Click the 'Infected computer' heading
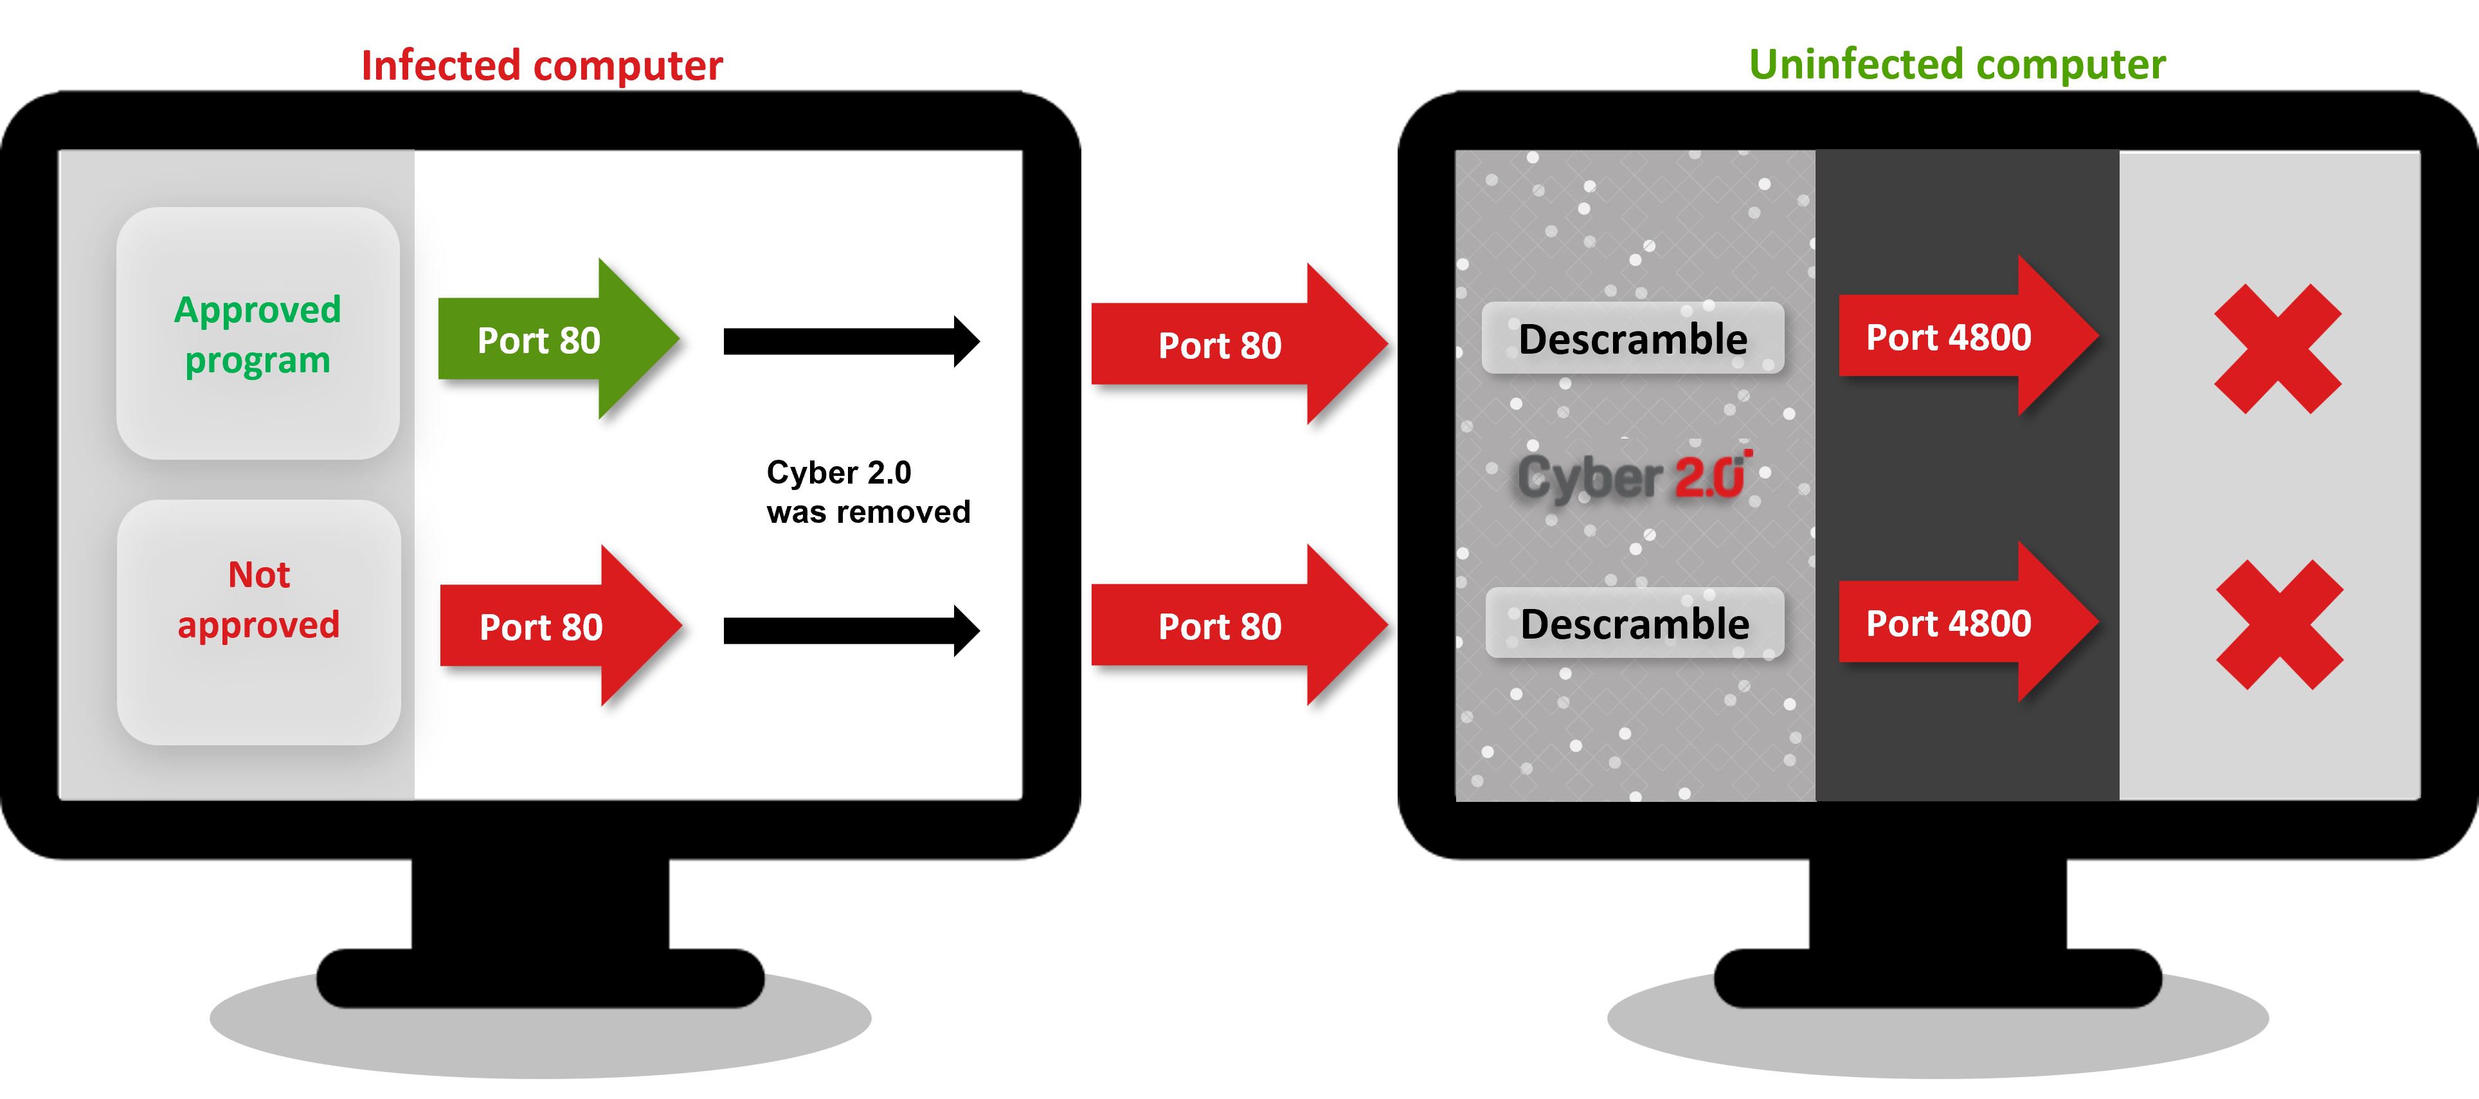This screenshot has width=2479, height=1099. point(542,66)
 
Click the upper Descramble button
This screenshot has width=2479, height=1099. point(1632,339)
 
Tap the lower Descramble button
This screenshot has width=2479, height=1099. point(1634,624)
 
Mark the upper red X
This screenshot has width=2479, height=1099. point(2277,349)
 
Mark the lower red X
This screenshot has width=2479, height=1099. point(2279,624)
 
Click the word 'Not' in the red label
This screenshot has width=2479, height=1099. point(259,574)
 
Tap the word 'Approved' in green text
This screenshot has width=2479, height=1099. point(257,310)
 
